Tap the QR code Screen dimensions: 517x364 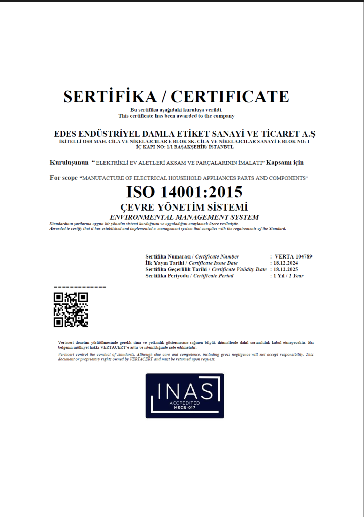point(71,310)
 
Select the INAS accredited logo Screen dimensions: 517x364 point(185,395)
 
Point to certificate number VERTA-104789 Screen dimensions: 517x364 point(293,256)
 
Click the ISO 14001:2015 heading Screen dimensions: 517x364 point(184,192)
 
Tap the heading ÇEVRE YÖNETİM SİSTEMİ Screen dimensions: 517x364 point(184,207)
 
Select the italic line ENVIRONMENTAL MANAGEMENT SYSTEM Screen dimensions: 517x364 point(184,217)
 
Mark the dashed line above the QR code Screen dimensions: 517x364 point(79,287)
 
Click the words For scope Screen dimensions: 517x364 point(64,178)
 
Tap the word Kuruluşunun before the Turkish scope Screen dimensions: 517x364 point(70,163)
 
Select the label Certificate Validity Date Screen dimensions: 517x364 point(239,269)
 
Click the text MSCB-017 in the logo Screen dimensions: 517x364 point(185,408)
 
